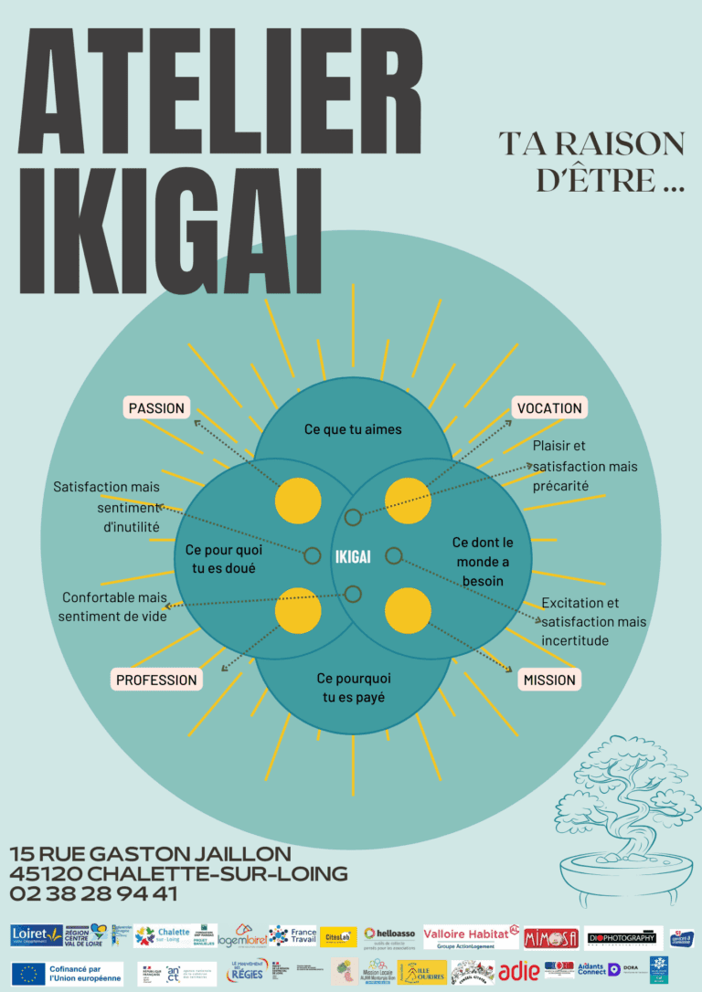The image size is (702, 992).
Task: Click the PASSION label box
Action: pyautogui.click(x=156, y=408)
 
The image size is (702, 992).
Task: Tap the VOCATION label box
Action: pyautogui.click(x=548, y=408)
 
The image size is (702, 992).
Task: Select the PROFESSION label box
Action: pyautogui.click(x=156, y=680)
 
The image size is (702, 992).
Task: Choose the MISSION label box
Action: pyautogui.click(x=549, y=680)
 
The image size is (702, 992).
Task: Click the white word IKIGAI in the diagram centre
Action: pyautogui.click(x=352, y=556)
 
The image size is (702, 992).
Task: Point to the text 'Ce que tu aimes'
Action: pyautogui.click(x=352, y=429)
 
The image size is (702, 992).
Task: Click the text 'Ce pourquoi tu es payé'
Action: pyautogui.click(x=353, y=688)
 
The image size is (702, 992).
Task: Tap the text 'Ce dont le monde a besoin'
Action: pyautogui.click(x=483, y=562)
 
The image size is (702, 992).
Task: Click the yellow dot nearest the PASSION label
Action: pyautogui.click(x=298, y=501)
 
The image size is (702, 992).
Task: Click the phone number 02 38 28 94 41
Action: pyautogui.click(x=94, y=894)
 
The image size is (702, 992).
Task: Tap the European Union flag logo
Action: pyautogui.click(x=28, y=974)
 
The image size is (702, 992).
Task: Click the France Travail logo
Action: pyautogui.click(x=292, y=936)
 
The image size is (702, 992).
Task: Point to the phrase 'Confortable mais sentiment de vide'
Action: pyautogui.click(x=114, y=607)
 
